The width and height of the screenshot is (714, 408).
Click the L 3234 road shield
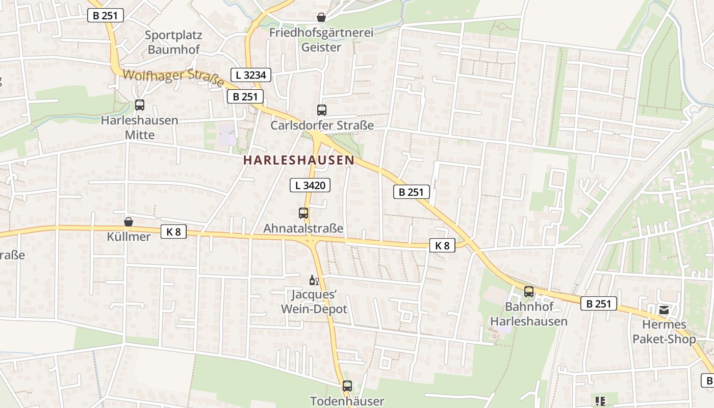[x=251, y=75]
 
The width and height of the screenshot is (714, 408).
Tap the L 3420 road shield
[x=310, y=185]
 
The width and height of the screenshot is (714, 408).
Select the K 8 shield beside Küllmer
[x=173, y=232]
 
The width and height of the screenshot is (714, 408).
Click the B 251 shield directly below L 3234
[x=245, y=96]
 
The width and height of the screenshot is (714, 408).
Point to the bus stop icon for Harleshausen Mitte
[x=139, y=105]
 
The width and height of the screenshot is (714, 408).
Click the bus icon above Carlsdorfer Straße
[x=321, y=110]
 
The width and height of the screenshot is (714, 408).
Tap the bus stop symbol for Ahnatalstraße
[x=303, y=213]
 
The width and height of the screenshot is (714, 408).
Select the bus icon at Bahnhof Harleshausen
[x=529, y=292]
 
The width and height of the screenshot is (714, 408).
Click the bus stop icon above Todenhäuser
[x=347, y=386]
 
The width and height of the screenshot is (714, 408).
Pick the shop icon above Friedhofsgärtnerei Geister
[x=321, y=17]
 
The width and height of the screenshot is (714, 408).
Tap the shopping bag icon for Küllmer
[x=129, y=222]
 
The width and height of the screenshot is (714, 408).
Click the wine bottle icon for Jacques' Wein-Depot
[x=314, y=280]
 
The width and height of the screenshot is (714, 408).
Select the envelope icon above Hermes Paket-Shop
[x=664, y=310]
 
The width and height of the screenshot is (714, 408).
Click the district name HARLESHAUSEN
[x=298, y=160]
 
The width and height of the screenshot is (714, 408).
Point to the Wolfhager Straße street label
[x=173, y=78]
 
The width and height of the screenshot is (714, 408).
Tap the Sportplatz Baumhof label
[x=173, y=42]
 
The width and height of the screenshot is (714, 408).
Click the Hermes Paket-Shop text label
[x=664, y=332]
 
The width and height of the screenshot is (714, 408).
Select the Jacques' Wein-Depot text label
[x=314, y=302]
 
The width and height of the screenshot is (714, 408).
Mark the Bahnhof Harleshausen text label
[x=529, y=314]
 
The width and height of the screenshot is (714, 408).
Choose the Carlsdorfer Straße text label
[x=322, y=125]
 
